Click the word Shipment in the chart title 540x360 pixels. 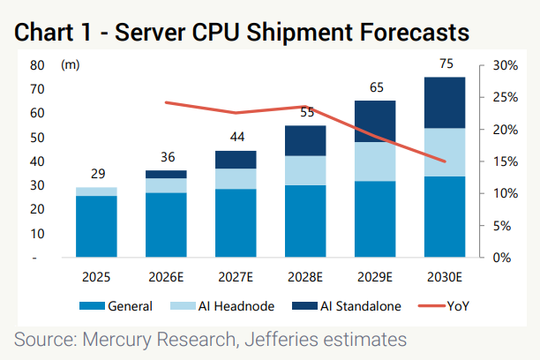pos(300,33)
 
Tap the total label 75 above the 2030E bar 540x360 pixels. pos(446,64)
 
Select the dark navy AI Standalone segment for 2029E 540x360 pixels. pos(375,121)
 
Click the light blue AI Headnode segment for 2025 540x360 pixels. pos(96,191)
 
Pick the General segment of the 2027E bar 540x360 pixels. pos(236,223)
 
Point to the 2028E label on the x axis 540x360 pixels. pos(305,277)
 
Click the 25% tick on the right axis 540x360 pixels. pos(506,97)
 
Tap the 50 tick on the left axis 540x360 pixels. pos(37,138)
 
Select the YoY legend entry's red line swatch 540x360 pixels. pos(431,306)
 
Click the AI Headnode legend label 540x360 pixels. pos(236,306)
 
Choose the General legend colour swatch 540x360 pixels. pos(92,306)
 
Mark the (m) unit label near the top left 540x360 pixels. pos(71,64)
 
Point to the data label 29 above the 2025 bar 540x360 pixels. pos(98,174)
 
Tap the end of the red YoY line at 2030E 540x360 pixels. pos(445,161)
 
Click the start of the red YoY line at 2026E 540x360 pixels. pos(167,102)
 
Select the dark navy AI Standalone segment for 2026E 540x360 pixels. pos(166,175)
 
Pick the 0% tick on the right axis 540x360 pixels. pos(502,258)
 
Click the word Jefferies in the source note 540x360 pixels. pos(281,340)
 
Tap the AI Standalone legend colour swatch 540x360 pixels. pos(304,306)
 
